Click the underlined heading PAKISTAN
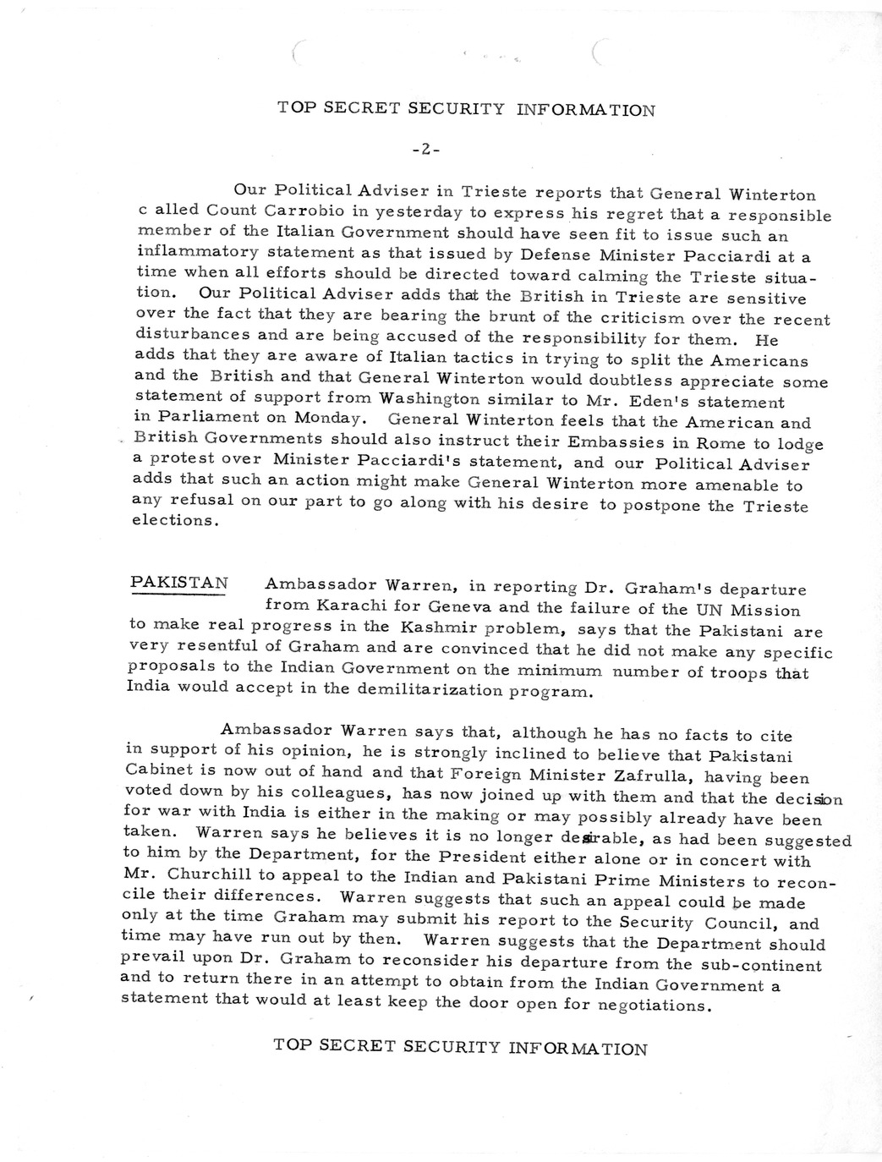[x=179, y=584]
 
